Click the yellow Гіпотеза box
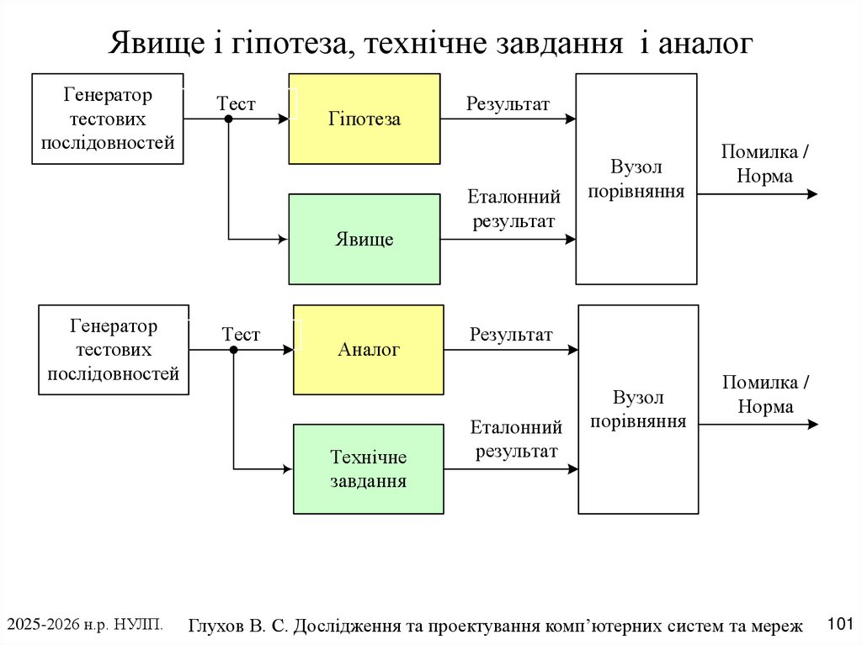pos(364,119)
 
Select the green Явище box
pos(364,240)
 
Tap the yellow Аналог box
pos(369,350)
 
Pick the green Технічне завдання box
pos(369,469)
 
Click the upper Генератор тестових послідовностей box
pos(108,119)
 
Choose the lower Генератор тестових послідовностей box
pos(114,350)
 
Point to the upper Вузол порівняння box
pos(636,179)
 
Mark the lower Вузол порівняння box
pos(638,410)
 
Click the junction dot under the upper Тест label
pos(228,119)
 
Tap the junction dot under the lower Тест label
pos(234,350)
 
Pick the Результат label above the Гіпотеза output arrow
pos(508,104)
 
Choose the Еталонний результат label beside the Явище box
pos(513,209)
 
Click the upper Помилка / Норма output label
pos(765,164)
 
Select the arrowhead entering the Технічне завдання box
pos(286,469)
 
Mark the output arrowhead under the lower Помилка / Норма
pos(811,425)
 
